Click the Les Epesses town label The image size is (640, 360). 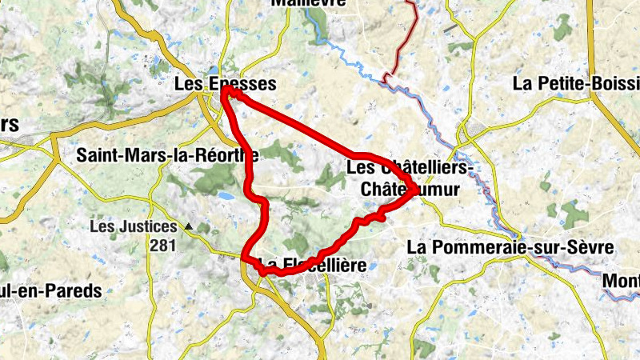pyautogui.click(x=225, y=83)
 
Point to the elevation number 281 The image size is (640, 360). pyautogui.click(x=162, y=246)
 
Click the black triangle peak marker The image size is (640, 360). pyautogui.click(x=189, y=227)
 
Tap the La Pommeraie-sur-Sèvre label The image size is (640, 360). pyautogui.click(x=510, y=247)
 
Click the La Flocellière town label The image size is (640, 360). pyautogui.click(x=312, y=265)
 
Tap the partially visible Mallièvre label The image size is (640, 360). pyautogui.click(x=308, y=3)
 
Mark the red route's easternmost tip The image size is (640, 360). pyautogui.click(x=413, y=191)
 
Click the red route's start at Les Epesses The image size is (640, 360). pyautogui.click(x=226, y=94)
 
